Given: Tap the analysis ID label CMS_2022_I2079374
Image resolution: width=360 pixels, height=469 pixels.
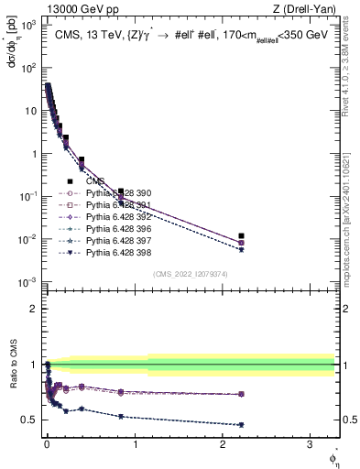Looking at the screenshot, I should click(190, 273).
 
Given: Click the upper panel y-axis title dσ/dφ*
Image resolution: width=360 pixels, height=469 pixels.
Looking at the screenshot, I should click(13, 40).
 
